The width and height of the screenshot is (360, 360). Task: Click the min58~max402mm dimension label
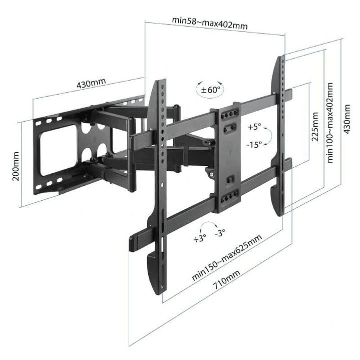coord(210,22)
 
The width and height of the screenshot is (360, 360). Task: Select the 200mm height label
coord(16,166)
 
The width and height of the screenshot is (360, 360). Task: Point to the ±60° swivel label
coord(210,90)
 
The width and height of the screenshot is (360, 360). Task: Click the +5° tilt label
coord(254,127)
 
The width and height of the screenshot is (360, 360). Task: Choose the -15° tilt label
coord(254,144)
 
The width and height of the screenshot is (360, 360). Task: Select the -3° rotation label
coord(219,233)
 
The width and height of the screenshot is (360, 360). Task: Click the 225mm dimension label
coord(315,127)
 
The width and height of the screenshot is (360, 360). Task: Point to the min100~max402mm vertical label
coord(330,123)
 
